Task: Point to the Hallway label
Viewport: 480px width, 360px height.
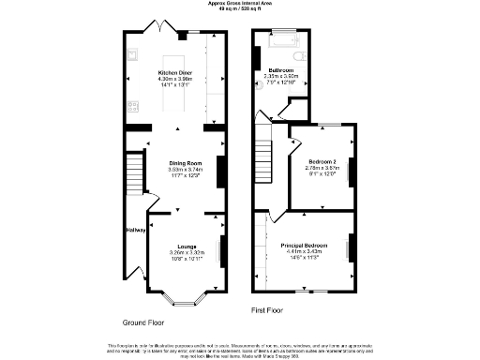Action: [x=135, y=231]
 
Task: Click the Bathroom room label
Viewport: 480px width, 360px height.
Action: [x=283, y=70]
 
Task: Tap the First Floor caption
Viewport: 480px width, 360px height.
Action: [x=268, y=309]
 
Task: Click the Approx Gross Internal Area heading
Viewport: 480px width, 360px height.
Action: [x=240, y=4]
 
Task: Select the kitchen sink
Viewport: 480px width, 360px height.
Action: [x=132, y=55]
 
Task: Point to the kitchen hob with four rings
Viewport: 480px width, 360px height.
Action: [x=132, y=104]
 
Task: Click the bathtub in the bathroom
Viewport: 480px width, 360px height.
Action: [x=282, y=42]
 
